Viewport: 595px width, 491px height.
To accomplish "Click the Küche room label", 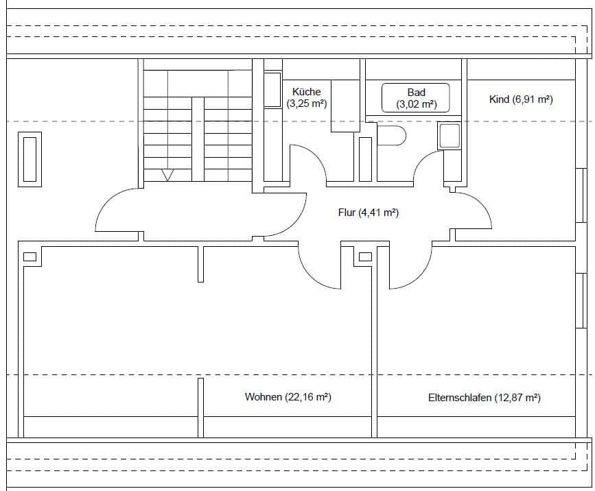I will [306, 91].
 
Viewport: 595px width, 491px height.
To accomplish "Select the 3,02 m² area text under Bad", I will [416, 105].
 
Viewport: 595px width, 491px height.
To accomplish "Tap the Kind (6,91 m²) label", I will [521, 99].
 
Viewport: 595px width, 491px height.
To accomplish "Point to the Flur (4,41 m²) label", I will [369, 213].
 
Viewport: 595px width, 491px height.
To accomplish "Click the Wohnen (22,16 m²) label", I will [288, 397].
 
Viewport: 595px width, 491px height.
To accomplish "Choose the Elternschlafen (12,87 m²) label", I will [484, 398].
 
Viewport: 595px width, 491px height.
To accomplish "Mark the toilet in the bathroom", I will [392, 136].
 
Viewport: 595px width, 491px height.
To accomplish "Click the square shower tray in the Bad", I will [450, 136].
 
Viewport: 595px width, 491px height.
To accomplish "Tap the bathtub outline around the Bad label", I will [416, 98].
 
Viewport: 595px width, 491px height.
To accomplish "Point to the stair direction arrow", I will [167, 176].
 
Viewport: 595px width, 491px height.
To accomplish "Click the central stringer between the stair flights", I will [198, 141].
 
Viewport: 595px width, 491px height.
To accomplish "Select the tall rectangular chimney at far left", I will [30, 159].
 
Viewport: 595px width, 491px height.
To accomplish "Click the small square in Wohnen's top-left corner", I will [30, 257].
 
